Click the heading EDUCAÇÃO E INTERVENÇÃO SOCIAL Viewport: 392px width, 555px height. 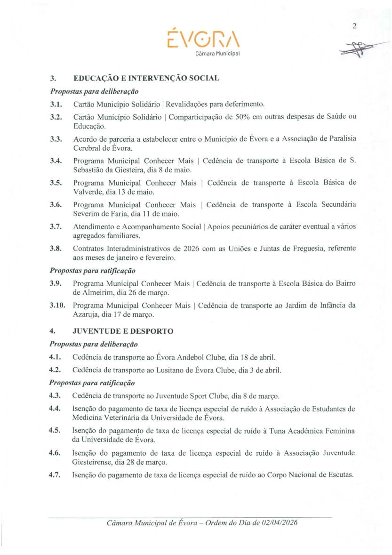point(146,78)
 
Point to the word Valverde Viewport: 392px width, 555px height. point(88,192)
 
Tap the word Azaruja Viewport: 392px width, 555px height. point(87,314)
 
